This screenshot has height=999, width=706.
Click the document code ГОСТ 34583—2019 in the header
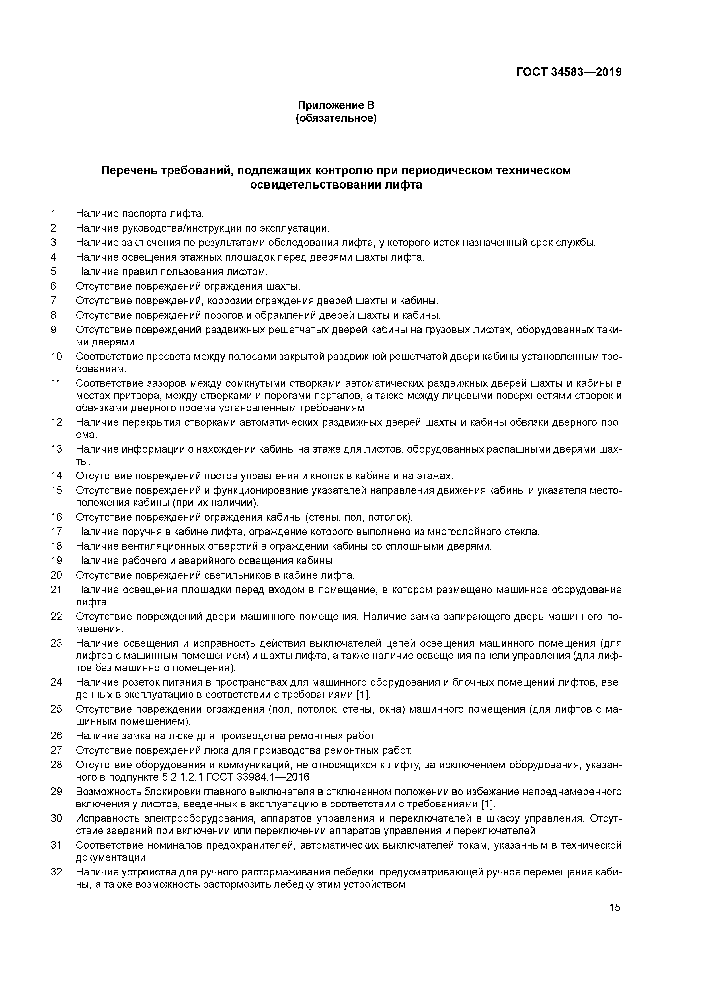coord(569,72)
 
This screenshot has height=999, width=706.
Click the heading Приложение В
coord(336,105)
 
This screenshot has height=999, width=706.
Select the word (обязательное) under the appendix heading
coord(336,118)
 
